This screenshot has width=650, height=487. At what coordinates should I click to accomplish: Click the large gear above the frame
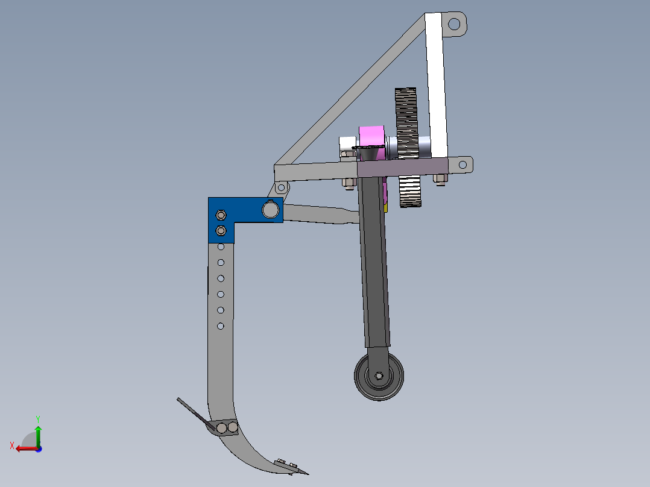pos(406,123)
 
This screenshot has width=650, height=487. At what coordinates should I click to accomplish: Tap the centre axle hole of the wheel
pos(379,376)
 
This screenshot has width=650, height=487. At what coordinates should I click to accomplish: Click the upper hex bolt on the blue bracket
pos(221,215)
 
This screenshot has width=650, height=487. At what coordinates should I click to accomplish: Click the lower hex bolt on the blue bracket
pos(221,230)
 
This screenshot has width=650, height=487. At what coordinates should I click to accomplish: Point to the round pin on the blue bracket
pos(270,209)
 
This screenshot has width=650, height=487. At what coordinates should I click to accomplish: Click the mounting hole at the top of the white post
pos(454,24)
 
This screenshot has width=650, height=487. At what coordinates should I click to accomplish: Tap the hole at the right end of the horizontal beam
pos(462,165)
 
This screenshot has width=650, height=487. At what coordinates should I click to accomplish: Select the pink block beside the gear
pos(372,137)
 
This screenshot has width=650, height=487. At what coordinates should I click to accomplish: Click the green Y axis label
pos(38,419)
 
